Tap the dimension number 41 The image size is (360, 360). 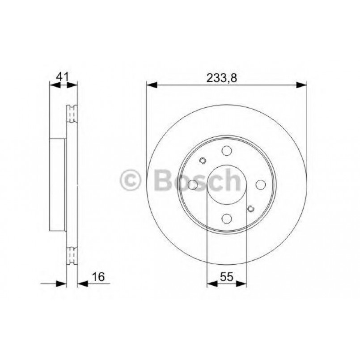tap(63, 76)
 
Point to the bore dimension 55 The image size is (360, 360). tap(227, 277)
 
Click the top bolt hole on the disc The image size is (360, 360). tap(227, 151)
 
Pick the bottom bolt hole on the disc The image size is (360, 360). tap(227, 218)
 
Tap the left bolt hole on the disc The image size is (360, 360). tap(193, 185)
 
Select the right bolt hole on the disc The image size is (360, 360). tap(260, 185)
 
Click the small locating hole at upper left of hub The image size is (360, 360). tap(202, 161)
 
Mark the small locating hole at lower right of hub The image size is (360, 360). tap(251, 208)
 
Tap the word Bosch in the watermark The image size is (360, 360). tap(197, 180)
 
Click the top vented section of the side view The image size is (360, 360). tap(72, 114)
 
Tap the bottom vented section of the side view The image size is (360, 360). tap(72, 256)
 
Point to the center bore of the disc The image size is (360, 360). tap(227, 185)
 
